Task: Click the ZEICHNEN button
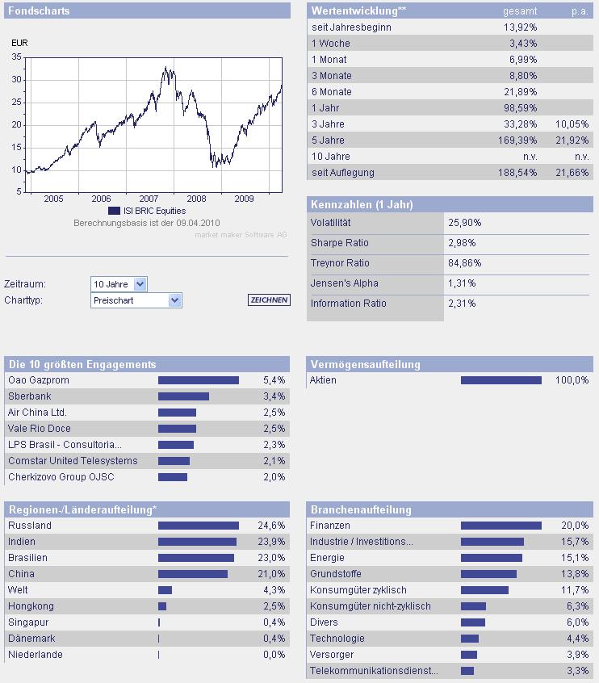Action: (268, 300)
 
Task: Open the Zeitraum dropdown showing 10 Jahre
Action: (119, 284)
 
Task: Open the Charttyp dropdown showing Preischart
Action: (136, 300)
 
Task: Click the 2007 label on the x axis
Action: (149, 199)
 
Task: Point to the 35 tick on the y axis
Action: (17, 57)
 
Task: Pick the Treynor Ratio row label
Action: (340, 262)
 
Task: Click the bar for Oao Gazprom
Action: (199, 380)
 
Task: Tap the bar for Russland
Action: (199, 526)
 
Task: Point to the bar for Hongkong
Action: (162, 606)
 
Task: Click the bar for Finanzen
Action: (501, 526)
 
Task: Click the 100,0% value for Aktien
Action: (572, 380)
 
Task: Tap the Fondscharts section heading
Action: (39, 11)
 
